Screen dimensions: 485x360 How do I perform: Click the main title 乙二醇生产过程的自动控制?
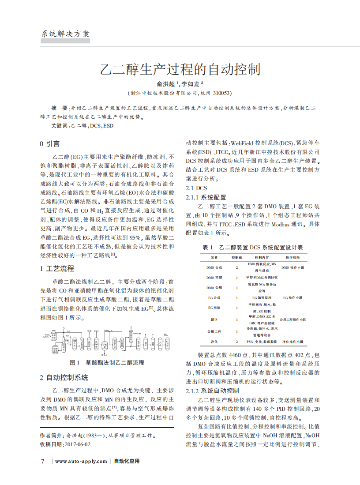[x=180, y=69]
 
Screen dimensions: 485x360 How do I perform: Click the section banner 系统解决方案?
[x=65, y=34]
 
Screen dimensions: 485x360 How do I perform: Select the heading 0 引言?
[x=49, y=144]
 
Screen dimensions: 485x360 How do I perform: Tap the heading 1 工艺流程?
[x=57, y=268]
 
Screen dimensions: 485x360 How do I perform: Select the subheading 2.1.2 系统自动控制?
[x=212, y=391]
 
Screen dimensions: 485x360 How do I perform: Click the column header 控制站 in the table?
[x=237, y=257]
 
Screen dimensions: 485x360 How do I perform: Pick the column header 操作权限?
[x=292, y=257]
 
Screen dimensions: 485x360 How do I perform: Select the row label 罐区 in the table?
[x=214, y=319]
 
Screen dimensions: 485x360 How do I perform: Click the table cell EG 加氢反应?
[x=262, y=298]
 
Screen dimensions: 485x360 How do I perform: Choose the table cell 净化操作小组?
[x=292, y=342]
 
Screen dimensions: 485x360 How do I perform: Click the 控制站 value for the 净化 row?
[x=237, y=342]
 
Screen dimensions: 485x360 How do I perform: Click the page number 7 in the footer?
[x=42, y=461]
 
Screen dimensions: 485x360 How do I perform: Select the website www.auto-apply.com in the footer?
[x=81, y=462]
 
